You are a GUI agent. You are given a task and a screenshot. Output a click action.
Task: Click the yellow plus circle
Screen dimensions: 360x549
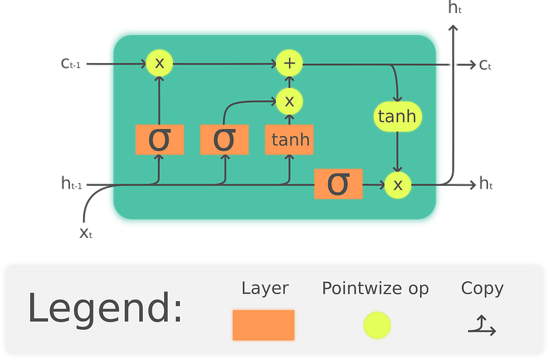click(x=290, y=64)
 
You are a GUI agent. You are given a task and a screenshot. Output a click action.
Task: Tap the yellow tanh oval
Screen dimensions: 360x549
click(x=397, y=117)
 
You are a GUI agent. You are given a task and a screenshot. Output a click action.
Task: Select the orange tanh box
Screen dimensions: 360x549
click(x=290, y=140)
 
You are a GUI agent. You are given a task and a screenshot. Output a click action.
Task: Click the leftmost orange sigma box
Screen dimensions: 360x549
click(x=159, y=139)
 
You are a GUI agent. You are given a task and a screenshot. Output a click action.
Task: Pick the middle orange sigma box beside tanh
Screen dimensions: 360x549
click(x=224, y=139)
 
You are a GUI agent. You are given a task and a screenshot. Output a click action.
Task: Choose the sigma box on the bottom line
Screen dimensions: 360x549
click(x=338, y=184)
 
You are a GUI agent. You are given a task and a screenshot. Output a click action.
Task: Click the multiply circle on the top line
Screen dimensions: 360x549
click(x=159, y=64)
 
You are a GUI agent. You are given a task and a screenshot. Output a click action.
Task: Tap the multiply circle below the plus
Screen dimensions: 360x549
click(x=290, y=101)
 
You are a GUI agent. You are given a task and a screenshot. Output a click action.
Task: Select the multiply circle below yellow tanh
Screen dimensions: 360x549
click(x=397, y=184)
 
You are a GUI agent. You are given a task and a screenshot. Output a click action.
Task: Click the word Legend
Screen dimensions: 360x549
click(x=105, y=309)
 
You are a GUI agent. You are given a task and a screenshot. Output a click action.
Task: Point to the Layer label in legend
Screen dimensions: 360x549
click(x=265, y=288)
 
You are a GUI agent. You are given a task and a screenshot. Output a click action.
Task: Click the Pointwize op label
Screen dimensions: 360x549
click(x=375, y=288)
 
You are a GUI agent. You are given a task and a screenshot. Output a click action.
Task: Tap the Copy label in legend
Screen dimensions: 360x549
click(x=482, y=288)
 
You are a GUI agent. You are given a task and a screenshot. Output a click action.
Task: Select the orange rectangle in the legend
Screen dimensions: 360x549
click(x=264, y=325)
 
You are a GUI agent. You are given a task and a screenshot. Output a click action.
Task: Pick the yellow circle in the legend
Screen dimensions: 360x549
click(x=377, y=325)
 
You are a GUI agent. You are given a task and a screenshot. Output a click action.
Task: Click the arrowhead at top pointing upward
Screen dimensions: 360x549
click(x=453, y=27)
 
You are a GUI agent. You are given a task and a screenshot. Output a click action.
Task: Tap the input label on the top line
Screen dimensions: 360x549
click(x=71, y=64)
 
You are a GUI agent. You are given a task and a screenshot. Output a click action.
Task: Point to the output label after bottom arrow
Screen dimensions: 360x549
click(x=486, y=184)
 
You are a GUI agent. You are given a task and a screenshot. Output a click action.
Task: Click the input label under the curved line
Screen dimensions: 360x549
click(x=85, y=234)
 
